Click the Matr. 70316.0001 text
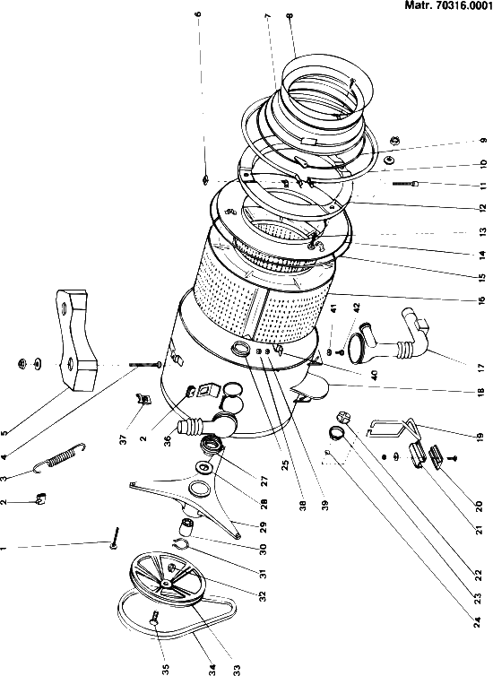[448, 5]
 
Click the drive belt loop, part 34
[177, 619]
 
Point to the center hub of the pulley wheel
[167, 583]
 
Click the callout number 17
[482, 368]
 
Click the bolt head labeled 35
[154, 620]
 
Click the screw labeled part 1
[114, 538]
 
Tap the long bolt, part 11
[406, 183]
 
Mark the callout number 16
[482, 299]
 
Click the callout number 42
[357, 308]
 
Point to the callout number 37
[124, 439]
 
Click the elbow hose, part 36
[206, 426]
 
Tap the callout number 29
[264, 527]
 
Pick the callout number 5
[4, 432]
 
